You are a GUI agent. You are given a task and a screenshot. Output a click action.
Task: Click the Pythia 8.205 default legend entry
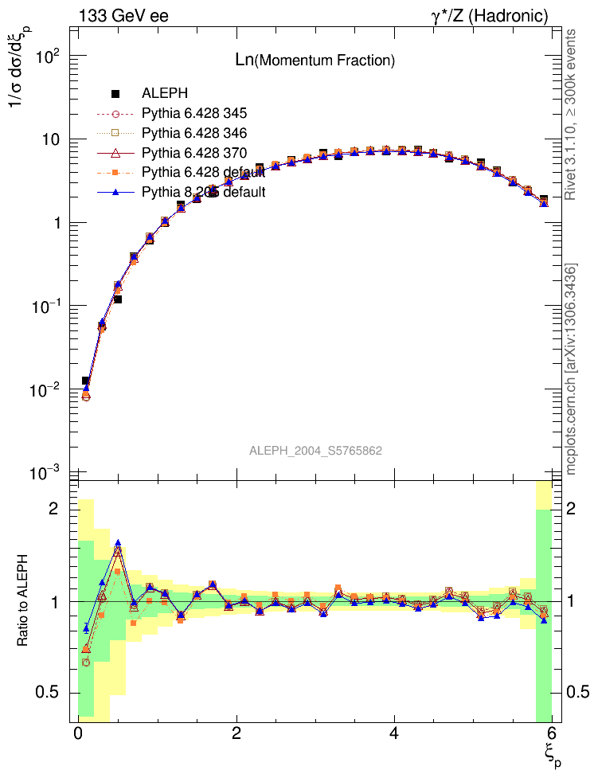[202, 192]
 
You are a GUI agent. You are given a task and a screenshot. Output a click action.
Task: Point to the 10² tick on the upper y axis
[49, 57]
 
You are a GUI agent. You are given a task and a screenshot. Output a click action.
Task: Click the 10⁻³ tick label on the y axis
[49, 473]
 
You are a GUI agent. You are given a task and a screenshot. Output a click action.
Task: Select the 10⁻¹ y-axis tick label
[49, 307]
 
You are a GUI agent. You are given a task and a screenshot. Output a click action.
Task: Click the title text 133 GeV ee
[123, 16]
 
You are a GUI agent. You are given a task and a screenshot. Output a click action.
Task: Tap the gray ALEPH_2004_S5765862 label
[315, 451]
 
